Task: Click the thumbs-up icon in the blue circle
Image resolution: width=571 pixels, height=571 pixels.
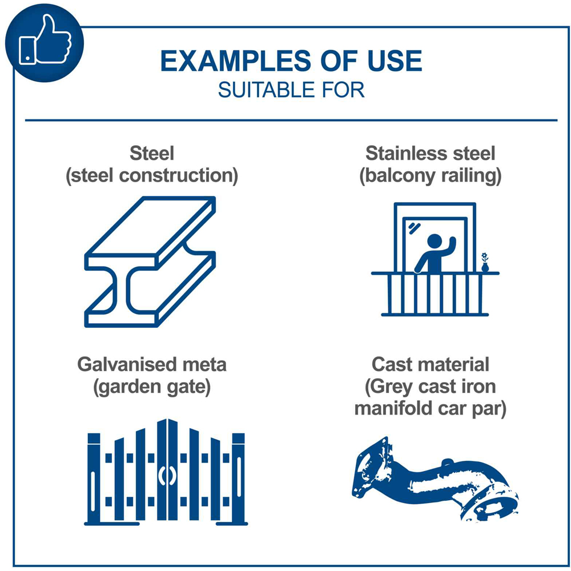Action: [45, 40]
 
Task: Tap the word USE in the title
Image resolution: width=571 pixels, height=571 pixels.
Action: [395, 61]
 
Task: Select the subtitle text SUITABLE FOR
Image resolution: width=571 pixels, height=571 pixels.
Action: [291, 90]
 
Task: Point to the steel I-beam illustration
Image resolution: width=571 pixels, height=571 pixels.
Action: [150, 262]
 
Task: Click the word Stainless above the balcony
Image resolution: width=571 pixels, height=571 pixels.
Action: [401, 153]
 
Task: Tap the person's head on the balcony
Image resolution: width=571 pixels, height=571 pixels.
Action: [434, 241]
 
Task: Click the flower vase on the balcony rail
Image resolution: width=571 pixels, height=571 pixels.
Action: [485, 262]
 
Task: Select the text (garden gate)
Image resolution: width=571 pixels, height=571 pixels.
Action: [152, 387]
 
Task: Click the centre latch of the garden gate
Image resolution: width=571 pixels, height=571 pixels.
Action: [167, 476]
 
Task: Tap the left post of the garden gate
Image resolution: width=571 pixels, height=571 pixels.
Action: [94, 479]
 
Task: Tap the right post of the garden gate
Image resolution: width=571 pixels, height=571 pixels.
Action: [239, 479]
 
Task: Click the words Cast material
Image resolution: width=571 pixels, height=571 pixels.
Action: [431, 364]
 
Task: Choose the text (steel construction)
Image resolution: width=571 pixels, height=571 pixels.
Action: [152, 176]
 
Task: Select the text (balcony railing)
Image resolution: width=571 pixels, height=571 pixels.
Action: [431, 176]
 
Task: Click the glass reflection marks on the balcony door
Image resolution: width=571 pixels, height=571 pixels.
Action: [414, 228]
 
